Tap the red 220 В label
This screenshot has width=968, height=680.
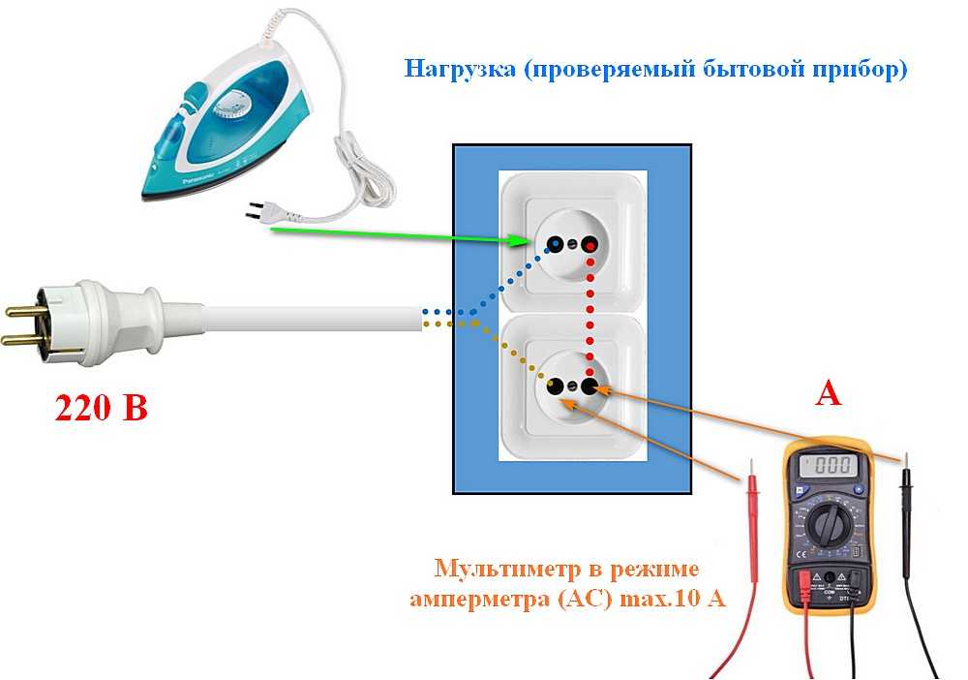[102, 408]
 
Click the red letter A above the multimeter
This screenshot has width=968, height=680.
[828, 392]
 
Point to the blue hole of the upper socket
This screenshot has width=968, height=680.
[555, 243]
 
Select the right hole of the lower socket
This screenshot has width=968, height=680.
[590, 387]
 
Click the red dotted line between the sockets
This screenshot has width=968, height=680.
[590, 315]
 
